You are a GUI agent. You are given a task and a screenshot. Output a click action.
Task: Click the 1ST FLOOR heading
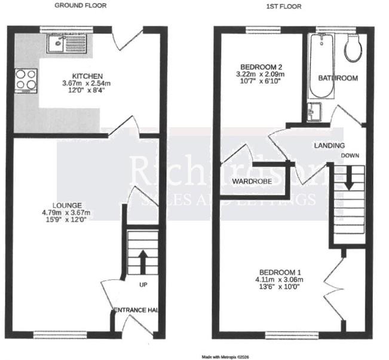[283, 6]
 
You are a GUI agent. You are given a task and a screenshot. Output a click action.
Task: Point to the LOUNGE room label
[66, 205]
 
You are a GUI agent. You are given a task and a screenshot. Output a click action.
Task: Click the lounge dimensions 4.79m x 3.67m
[66, 212]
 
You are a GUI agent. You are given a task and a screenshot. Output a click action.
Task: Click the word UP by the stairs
[143, 284]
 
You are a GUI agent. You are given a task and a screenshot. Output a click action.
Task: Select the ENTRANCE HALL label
[136, 310]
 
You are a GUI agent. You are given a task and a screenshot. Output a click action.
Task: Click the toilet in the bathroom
[353, 48]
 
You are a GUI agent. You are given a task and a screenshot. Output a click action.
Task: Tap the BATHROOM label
[338, 78]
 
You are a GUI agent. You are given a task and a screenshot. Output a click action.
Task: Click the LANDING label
[329, 145]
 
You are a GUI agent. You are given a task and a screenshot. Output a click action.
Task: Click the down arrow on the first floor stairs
[348, 178]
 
